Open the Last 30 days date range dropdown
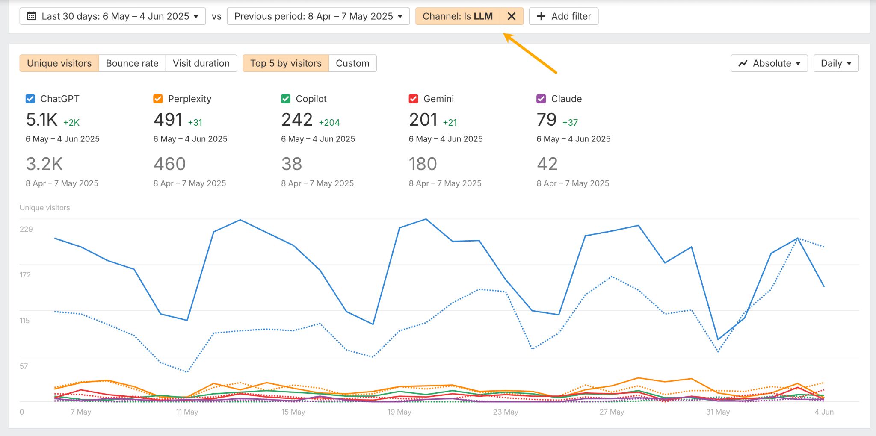click(112, 16)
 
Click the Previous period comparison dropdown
click(318, 16)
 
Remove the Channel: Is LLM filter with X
click(511, 16)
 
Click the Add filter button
click(564, 16)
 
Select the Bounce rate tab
click(132, 63)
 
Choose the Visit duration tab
click(201, 63)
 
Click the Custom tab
click(352, 63)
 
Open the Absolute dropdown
click(769, 63)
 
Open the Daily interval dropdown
click(836, 63)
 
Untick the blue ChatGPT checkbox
click(30, 99)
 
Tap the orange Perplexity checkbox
click(158, 99)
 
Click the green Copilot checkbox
click(286, 99)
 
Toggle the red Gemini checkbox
click(413, 99)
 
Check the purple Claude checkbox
click(541, 99)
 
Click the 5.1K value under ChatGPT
click(41, 120)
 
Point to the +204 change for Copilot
click(329, 123)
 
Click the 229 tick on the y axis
click(26, 229)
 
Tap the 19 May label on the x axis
click(399, 412)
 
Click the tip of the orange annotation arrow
click(505, 35)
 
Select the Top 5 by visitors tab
click(286, 63)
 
